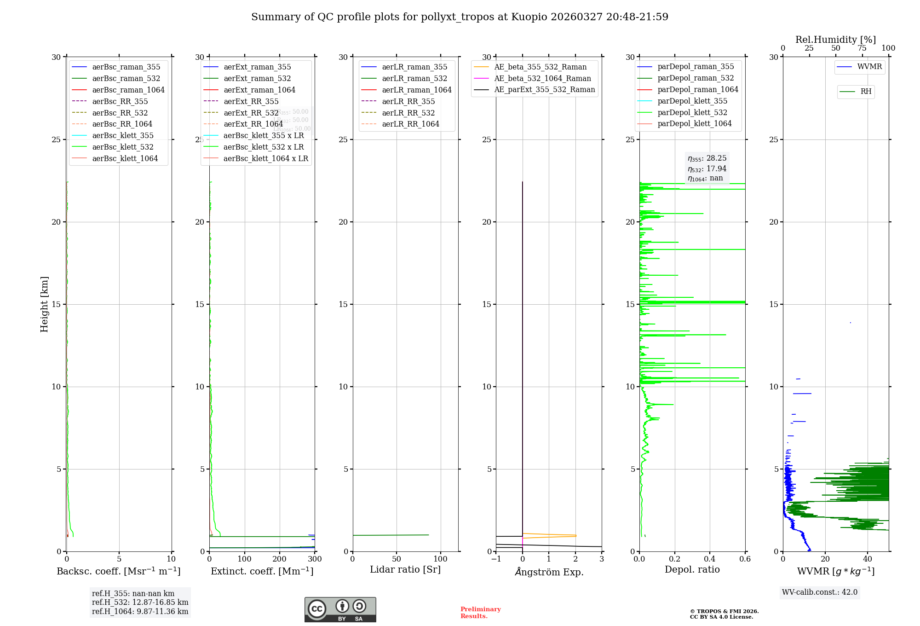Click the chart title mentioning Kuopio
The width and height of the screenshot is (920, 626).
(460, 17)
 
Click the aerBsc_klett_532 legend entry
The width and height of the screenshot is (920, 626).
(123, 147)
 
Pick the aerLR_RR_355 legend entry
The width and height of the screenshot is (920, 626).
(408, 101)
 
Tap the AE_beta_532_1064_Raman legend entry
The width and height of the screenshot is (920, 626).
(542, 78)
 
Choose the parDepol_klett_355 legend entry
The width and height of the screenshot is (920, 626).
(692, 101)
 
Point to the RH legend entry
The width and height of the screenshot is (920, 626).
(866, 92)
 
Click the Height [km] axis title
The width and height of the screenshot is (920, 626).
(44, 304)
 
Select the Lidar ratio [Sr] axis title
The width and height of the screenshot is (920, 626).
(405, 569)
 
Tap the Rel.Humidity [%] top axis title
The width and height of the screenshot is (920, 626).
(835, 40)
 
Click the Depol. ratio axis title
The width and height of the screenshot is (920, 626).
(692, 569)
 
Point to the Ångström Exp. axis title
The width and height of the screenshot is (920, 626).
(549, 572)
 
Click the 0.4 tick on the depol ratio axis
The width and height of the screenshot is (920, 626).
(710, 559)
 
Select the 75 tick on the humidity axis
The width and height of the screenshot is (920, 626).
(862, 48)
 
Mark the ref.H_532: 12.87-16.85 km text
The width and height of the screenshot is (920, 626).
(140, 602)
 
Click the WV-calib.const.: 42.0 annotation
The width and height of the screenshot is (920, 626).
(820, 592)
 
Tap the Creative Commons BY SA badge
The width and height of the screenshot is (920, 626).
(340, 609)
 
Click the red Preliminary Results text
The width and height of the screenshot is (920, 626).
(480, 612)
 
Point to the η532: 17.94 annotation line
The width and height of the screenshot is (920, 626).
(707, 168)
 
